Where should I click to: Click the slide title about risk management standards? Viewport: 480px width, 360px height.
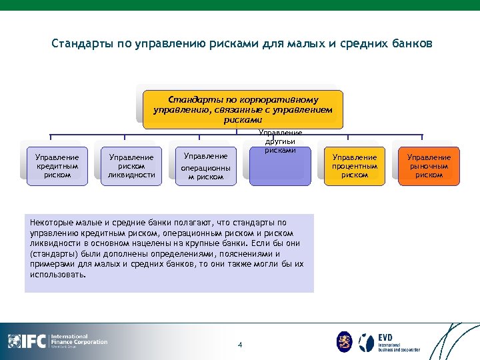coord(241,44)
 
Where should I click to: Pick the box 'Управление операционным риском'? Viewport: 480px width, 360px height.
coord(205,167)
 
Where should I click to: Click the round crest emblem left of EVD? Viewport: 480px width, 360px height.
coord(345,341)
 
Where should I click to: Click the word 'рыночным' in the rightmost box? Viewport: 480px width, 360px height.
coord(429,166)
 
